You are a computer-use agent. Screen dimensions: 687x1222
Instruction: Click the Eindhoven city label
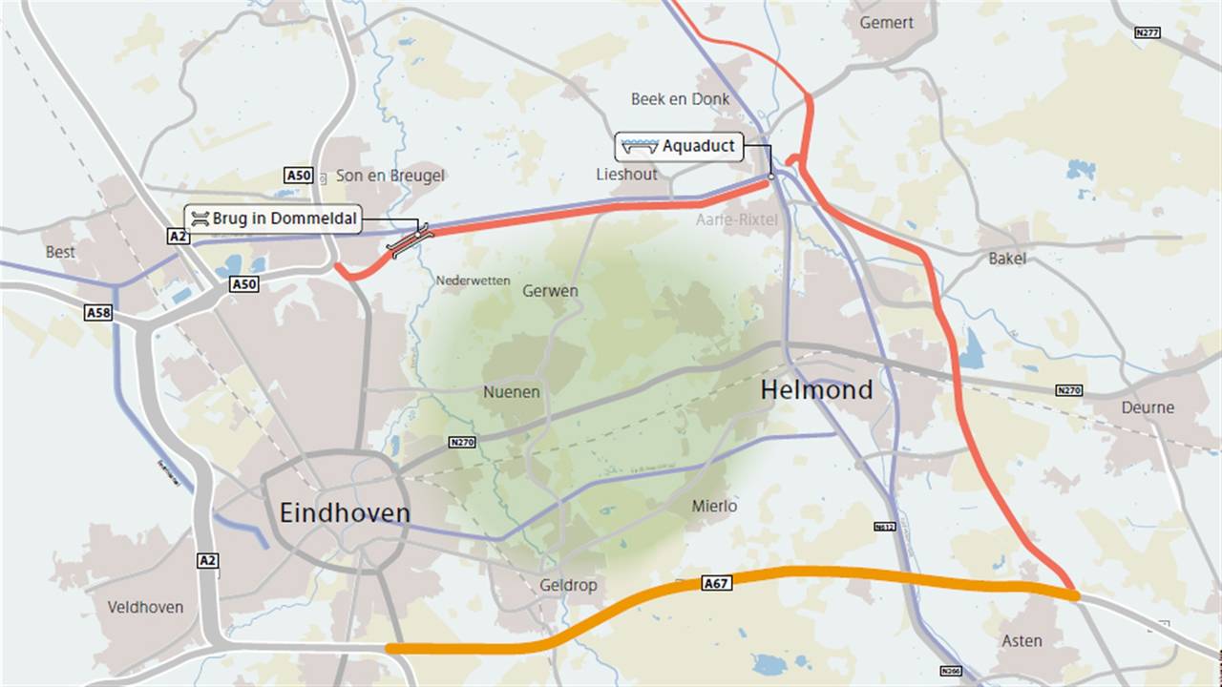point(345,513)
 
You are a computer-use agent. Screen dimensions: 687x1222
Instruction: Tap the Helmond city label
point(816,389)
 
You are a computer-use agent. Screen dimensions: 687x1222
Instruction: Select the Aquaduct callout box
point(678,147)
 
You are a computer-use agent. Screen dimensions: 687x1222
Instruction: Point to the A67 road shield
point(716,583)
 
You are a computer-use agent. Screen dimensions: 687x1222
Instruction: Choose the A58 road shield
point(97,313)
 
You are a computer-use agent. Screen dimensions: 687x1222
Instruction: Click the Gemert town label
point(886,23)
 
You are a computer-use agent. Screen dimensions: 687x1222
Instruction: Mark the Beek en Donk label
point(680,99)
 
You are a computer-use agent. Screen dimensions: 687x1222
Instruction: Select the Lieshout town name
point(626,175)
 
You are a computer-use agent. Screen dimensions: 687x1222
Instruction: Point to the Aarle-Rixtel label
point(738,219)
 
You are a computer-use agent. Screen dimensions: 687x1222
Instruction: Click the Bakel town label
point(1007,259)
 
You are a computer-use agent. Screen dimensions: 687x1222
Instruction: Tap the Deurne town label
point(1148,407)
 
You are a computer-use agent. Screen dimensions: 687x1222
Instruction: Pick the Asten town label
point(1022,640)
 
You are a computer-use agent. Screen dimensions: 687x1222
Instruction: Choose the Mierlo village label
point(713,506)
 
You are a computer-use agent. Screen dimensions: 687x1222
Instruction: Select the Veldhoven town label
point(145,607)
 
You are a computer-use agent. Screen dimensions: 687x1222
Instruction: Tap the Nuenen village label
point(511,392)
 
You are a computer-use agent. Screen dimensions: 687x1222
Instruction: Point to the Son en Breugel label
point(390,176)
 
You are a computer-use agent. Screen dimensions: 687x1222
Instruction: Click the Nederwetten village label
point(473,281)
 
